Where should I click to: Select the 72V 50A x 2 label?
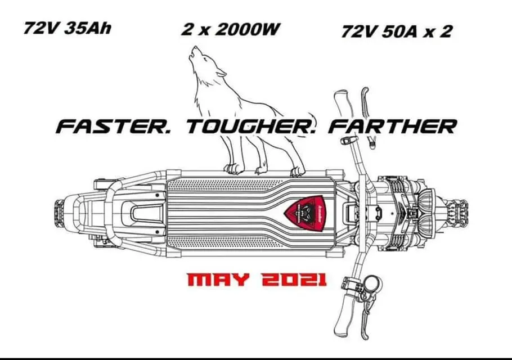point(396,30)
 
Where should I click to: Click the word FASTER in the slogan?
point(115,126)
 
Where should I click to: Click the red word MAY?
point(217,279)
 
